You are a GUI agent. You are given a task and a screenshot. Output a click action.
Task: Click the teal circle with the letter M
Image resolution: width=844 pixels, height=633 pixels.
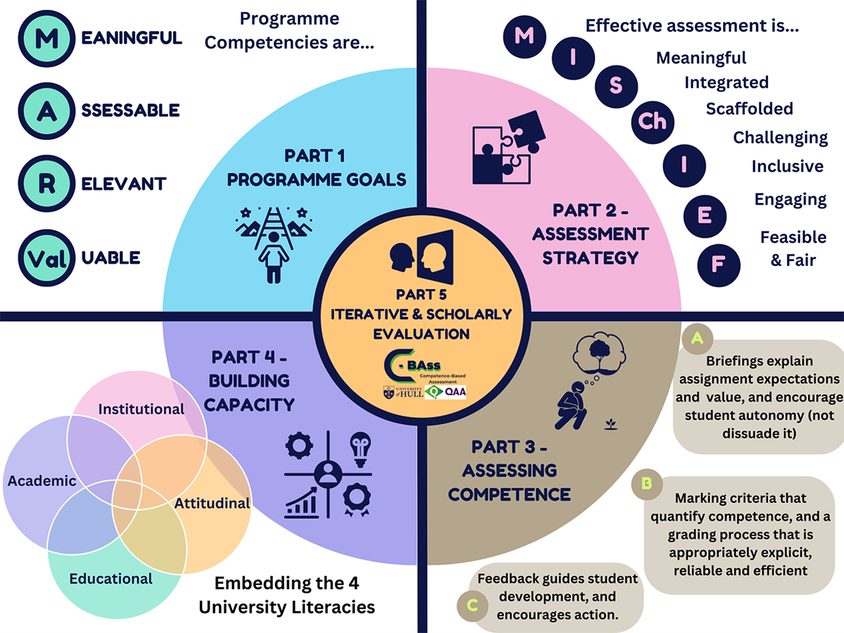46,38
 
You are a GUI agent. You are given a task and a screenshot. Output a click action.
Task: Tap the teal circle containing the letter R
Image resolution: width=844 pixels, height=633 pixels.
46,184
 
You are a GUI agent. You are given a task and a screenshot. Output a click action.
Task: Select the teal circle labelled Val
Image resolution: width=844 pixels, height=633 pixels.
46,258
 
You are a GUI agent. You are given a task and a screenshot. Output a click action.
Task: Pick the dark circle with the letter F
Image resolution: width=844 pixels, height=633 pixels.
718,265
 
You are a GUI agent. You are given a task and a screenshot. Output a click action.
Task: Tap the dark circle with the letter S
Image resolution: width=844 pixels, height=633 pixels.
615,86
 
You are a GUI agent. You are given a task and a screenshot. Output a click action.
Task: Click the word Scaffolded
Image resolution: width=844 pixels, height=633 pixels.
749,109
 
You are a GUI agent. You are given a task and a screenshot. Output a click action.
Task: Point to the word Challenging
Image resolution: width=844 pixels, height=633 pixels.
780,137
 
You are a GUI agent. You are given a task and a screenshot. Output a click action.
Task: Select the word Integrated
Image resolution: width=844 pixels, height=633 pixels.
727,83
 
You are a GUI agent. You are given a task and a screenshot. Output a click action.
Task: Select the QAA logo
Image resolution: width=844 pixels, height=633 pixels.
447,392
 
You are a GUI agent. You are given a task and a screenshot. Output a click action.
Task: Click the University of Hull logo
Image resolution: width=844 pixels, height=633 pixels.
404,392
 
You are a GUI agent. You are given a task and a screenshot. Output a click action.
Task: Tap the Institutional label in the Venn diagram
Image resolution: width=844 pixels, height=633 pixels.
141,409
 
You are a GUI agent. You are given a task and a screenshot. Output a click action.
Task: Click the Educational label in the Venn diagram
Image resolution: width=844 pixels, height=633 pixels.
110,578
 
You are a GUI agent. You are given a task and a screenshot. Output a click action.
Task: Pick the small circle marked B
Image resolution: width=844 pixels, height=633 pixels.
646,484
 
